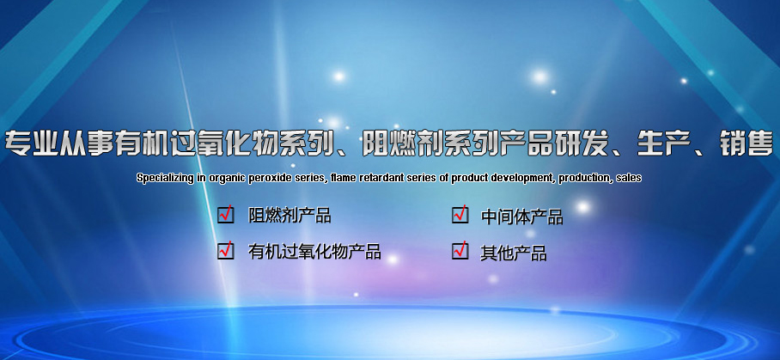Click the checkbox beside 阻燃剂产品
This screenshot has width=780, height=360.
click(226, 214)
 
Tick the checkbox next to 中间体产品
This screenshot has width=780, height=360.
click(460, 214)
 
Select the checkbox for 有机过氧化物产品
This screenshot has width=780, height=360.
click(226, 250)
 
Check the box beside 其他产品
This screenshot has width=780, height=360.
click(460, 250)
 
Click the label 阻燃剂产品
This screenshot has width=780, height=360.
click(289, 216)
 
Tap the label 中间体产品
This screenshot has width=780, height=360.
click(521, 217)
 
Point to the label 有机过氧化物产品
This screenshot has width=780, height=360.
click(314, 251)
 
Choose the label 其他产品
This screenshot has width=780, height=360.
click(514, 253)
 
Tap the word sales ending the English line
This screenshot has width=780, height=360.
click(629, 178)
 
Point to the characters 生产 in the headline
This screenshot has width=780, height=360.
click(664, 143)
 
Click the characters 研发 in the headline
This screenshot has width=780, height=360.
click(582, 143)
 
